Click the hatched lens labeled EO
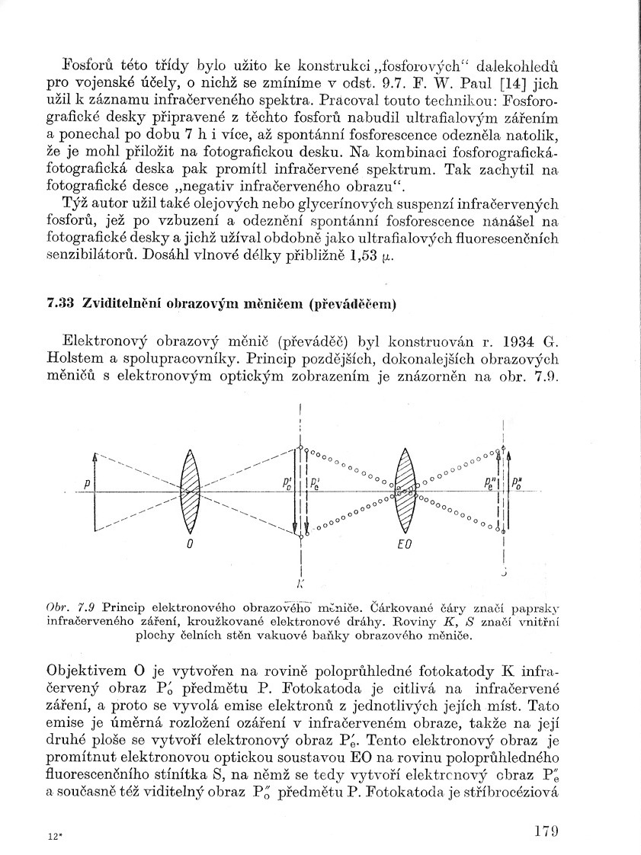point(405,492)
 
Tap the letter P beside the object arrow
point(88,483)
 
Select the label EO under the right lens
point(405,546)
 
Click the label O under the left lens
point(189,546)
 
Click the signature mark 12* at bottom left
point(53,836)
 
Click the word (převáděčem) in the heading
point(353,306)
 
